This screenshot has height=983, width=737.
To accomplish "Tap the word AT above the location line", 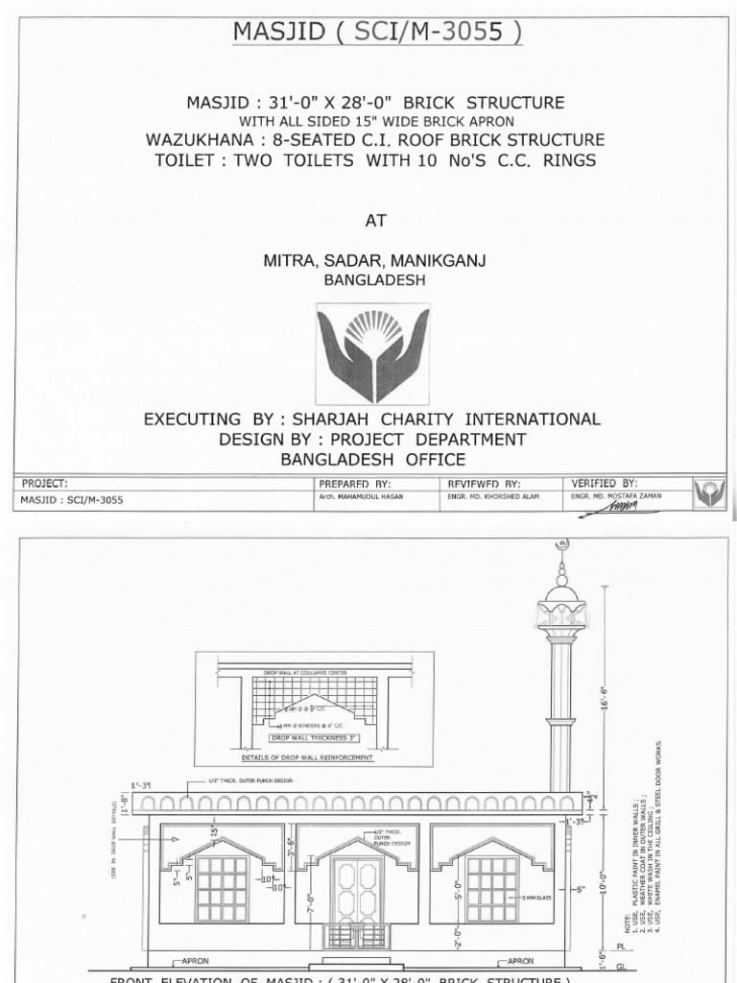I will tap(374, 220).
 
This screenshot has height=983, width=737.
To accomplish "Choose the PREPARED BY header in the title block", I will tap(354, 484).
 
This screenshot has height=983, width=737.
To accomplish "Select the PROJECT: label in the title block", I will tap(44, 484).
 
